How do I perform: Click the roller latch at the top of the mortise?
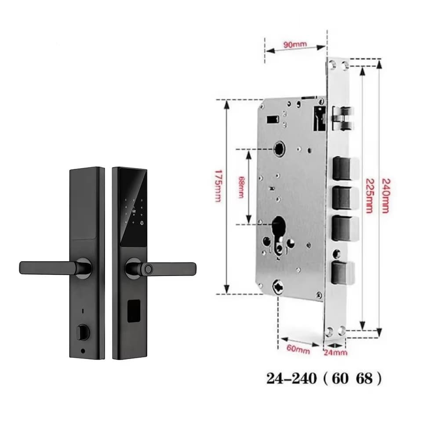pos(343,118)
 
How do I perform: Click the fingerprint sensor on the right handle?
pos(148,269)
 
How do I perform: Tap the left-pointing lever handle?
pos(48,268)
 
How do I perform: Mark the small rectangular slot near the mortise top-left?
pos(273,119)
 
